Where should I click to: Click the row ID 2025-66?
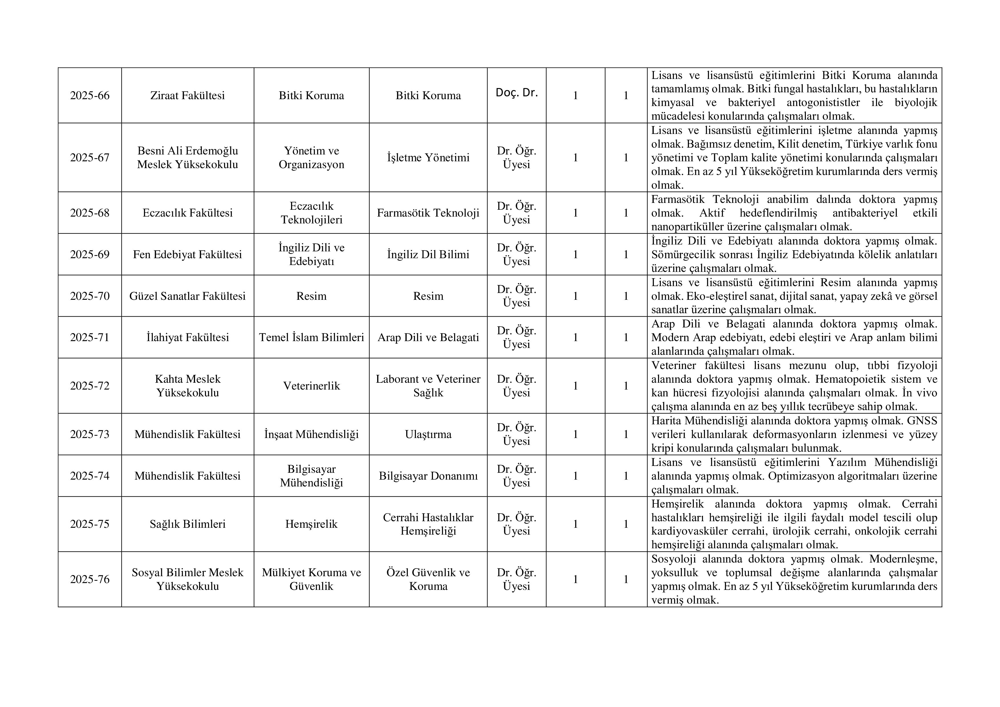(90, 96)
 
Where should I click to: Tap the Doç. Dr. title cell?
(517, 93)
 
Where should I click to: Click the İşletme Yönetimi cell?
(428, 158)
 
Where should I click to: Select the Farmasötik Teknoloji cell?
(428, 213)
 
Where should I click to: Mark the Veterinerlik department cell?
(311, 386)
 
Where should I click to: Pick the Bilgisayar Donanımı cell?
(428, 476)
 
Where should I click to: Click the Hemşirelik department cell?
(311, 524)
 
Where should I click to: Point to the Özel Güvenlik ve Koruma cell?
(428, 579)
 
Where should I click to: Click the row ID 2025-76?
(90, 579)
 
